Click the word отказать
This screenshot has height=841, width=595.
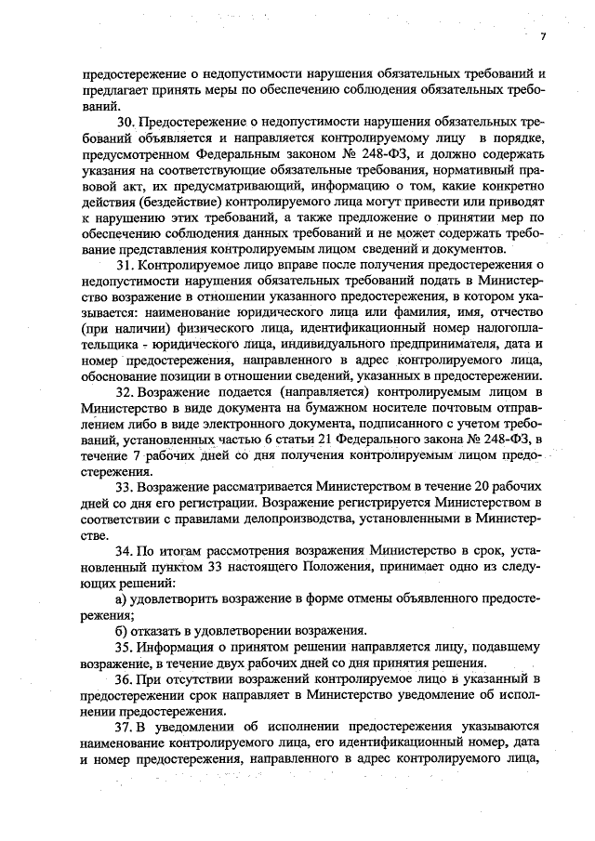tap(161, 628)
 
